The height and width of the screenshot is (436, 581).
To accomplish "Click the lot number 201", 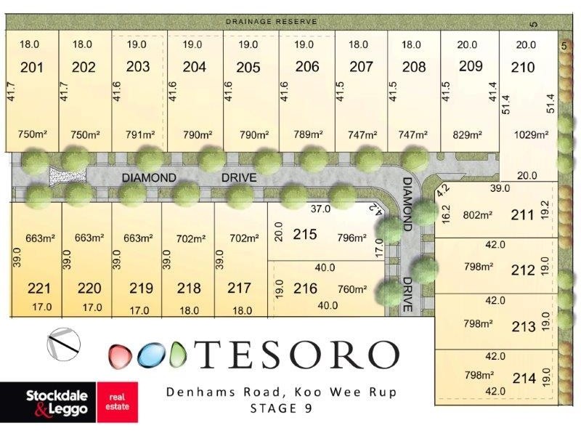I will pos(32,68).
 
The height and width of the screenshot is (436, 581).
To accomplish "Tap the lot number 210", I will pos(523,68).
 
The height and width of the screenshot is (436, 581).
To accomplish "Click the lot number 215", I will pos(305,235).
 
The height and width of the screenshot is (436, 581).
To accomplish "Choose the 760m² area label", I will pos(352,288).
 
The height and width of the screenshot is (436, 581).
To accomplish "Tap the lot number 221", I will pos(39,288).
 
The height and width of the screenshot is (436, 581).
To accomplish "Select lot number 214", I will pos(524,378).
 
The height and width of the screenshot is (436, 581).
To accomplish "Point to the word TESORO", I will pos(298,355).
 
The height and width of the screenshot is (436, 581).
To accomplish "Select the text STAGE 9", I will pos(280,408).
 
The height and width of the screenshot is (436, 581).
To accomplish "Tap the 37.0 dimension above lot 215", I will pos(321,209).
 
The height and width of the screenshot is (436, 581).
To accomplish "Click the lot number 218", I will pos(189,288).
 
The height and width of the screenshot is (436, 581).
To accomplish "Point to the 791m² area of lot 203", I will pos(140,135).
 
